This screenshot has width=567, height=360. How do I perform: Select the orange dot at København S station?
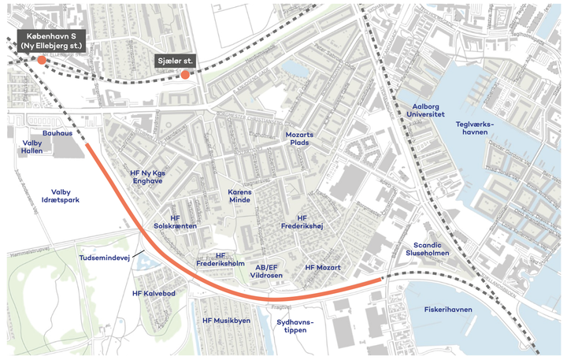(x=42, y=59)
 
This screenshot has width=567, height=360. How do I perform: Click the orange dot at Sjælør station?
(x=184, y=75)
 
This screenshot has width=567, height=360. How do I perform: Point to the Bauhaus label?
(x=57, y=133)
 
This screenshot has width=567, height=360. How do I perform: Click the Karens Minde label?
(x=239, y=195)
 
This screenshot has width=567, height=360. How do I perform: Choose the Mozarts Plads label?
(x=299, y=139)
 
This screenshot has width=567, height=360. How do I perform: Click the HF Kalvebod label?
(x=153, y=293)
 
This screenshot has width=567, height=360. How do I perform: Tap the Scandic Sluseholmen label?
(x=427, y=249)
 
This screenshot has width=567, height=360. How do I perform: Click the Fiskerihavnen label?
(x=448, y=310)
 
